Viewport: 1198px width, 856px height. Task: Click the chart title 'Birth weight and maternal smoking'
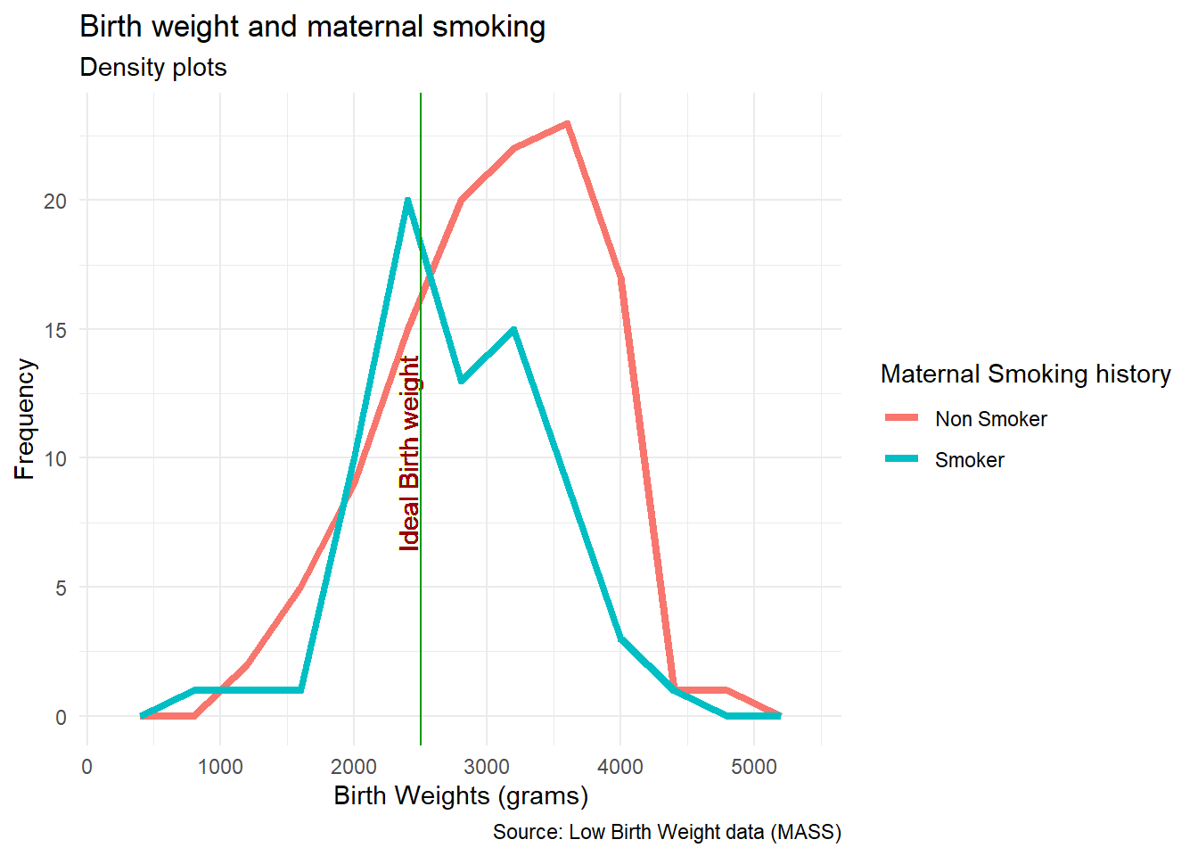coord(312,27)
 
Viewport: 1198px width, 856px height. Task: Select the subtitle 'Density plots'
coord(153,68)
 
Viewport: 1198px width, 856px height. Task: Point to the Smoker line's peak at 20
coord(407,201)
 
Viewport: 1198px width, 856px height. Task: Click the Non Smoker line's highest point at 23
coord(567,124)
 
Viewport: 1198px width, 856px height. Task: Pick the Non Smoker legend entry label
coord(990,419)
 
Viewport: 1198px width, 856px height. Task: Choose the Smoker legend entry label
coord(969,460)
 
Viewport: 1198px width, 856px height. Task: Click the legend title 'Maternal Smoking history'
coord(1025,374)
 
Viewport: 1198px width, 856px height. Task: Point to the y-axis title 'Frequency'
coord(25,419)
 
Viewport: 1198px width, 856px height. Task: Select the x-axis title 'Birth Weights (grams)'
coord(461,795)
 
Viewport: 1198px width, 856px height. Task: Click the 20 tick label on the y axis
coord(55,202)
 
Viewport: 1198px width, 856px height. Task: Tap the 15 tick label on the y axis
coord(55,331)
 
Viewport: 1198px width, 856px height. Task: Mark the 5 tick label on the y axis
coord(61,588)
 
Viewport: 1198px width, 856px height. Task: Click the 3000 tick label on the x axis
coord(487,767)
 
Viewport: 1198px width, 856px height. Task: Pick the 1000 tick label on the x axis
coord(220,767)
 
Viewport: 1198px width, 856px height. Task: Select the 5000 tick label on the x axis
coord(754,767)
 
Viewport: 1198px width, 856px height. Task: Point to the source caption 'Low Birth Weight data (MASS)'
coord(667,832)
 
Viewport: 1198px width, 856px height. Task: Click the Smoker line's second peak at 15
coord(514,330)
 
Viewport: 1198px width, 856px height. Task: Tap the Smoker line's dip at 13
coord(461,381)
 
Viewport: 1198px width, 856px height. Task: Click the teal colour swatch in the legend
coord(901,459)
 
